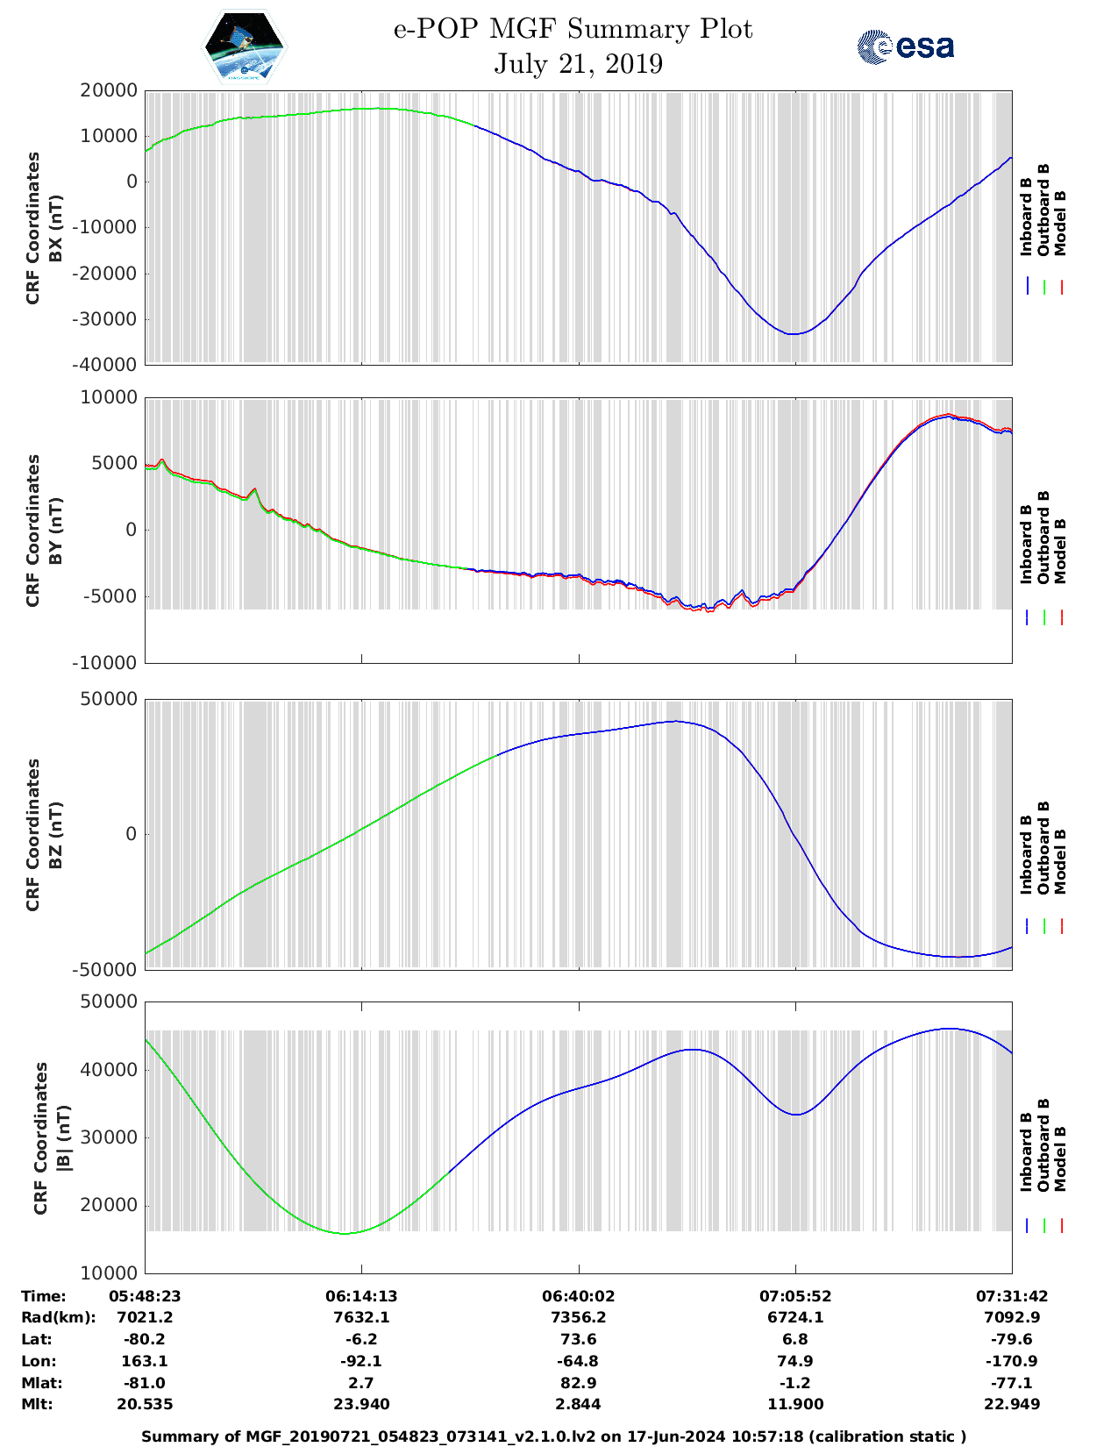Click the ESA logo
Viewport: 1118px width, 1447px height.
(x=906, y=46)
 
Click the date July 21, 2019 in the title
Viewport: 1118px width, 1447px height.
(x=578, y=64)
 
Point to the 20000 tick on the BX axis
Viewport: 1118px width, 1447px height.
(x=108, y=90)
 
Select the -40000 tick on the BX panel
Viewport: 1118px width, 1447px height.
(x=108, y=364)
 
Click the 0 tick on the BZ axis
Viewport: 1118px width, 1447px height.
(x=131, y=834)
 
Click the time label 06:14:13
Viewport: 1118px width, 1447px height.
(x=361, y=1296)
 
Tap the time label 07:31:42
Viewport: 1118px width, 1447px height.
(x=1012, y=1296)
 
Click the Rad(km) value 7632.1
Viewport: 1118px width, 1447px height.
(x=361, y=1317)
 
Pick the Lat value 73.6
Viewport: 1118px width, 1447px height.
(x=579, y=1339)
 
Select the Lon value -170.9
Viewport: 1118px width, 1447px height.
(x=1012, y=1361)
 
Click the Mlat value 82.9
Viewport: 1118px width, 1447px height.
(x=579, y=1383)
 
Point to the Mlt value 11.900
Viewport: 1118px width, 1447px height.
(x=795, y=1404)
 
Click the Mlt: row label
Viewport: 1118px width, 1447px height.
(x=37, y=1404)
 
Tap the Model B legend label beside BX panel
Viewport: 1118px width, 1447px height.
(x=1060, y=223)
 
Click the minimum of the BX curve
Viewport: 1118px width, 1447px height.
(x=793, y=334)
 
